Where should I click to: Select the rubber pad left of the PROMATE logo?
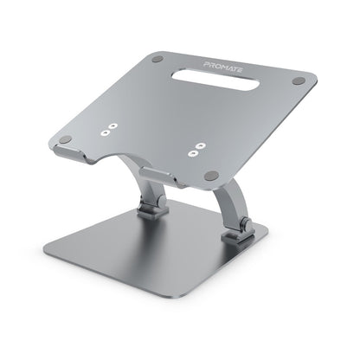[157, 61]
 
